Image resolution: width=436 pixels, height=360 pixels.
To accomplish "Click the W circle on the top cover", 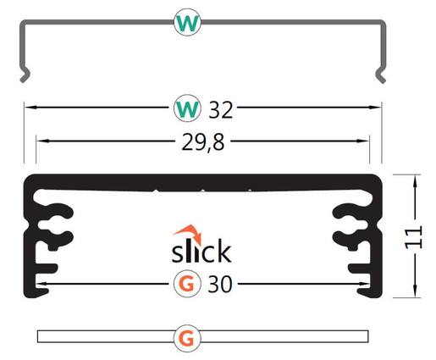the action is [x=187, y=22].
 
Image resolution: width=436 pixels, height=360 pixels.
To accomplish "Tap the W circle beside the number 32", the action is [x=187, y=108].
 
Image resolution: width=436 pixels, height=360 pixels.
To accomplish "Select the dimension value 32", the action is [x=221, y=109].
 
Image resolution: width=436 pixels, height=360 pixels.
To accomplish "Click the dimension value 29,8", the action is [x=203, y=142].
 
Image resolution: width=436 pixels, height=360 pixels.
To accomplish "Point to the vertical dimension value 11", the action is [x=413, y=237].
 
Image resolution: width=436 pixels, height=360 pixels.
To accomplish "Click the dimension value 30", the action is [x=220, y=285].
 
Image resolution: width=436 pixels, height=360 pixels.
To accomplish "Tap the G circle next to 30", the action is [x=187, y=284].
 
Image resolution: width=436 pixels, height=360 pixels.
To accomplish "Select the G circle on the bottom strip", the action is [x=187, y=338].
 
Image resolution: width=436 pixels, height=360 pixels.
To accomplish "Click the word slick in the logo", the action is [x=201, y=251].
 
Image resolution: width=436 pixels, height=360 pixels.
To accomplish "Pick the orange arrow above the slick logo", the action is [x=189, y=233].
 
